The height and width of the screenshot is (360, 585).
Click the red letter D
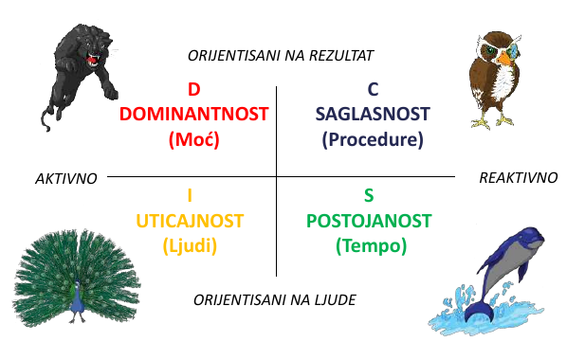(x=193, y=90)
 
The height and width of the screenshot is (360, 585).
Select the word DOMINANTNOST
(x=193, y=115)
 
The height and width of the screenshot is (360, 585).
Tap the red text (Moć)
(x=193, y=139)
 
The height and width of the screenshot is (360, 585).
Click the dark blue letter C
(x=373, y=90)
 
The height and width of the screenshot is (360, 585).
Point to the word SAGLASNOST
(x=373, y=115)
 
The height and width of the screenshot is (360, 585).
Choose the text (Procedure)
(x=373, y=139)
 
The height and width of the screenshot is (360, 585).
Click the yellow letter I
(x=190, y=196)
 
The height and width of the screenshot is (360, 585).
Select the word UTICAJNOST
(x=190, y=221)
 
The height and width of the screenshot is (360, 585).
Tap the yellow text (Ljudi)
(x=190, y=245)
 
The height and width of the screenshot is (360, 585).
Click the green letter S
(x=370, y=196)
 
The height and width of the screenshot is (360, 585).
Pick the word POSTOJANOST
(x=370, y=221)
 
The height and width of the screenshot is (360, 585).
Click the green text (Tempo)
(x=370, y=245)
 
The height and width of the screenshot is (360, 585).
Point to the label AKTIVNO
(x=65, y=178)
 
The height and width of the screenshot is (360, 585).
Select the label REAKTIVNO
(x=518, y=177)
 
